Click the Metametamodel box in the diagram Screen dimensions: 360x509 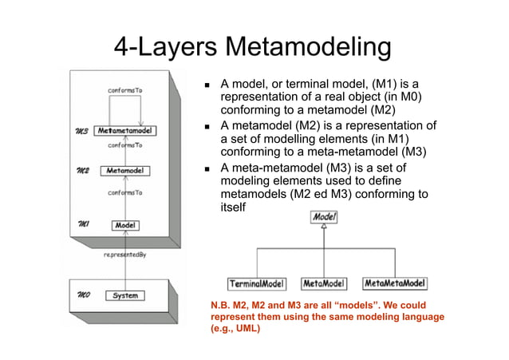pos(126,130)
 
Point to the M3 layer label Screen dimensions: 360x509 pos(81,130)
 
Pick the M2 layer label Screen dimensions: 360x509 pos(81,171)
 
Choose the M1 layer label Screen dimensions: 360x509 pos(81,226)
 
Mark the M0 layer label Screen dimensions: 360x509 pos(81,295)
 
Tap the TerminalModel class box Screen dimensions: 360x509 pos(258,283)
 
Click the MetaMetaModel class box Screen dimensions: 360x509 pos(395,283)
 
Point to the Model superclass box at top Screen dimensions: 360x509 pos(324,216)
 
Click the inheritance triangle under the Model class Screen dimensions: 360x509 pos(324,227)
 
